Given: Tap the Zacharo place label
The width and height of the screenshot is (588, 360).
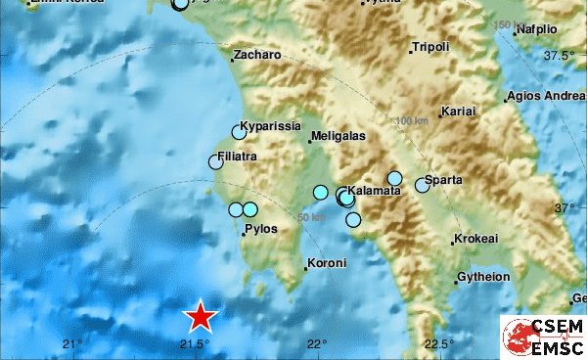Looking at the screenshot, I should pyautogui.click(x=258, y=56).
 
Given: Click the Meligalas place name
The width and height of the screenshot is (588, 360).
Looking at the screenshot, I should pyautogui.click(x=339, y=137).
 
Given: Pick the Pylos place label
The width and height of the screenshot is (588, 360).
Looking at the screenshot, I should pyautogui.click(x=261, y=230).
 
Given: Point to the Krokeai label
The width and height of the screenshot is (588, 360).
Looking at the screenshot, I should pyautogui.click(x=476, y=239).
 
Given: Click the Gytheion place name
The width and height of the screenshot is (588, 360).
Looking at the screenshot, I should pyautogui.click(x=483, y=277).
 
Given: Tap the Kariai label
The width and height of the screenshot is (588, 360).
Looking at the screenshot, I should pyautogui.click(x=459, y=112).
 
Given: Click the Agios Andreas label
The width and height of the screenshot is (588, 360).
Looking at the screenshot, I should pyautogui.click(x=546, y=97).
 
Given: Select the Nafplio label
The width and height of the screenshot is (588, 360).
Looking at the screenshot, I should pyautogui.click(x=543, y=29).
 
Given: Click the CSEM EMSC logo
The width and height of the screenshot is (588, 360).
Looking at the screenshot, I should pyautogui.click(x=543, y=337).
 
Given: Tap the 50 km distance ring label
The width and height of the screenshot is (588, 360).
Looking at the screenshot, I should pyautogui.click(x=311, y=217).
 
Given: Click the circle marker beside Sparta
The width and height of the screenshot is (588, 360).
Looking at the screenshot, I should pyautogui.click(x=423, y=184).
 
